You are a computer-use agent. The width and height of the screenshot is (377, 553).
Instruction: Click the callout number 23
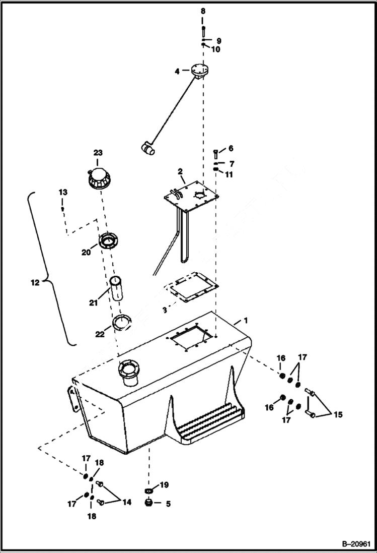coord(98,153)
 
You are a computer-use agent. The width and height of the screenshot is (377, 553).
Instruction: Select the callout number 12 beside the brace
coord(35,283)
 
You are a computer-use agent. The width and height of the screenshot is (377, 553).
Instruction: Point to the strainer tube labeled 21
coord(117,288)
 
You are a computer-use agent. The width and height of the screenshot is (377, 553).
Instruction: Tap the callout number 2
coord(180,172)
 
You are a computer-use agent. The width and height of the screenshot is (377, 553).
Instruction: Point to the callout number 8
coord(203,11)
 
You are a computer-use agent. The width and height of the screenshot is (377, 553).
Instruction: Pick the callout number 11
coord(230,174)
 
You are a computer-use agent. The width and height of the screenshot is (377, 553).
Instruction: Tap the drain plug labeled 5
coord(148,503)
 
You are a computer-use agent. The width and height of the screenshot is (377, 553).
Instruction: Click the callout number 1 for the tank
coord(246,321)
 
